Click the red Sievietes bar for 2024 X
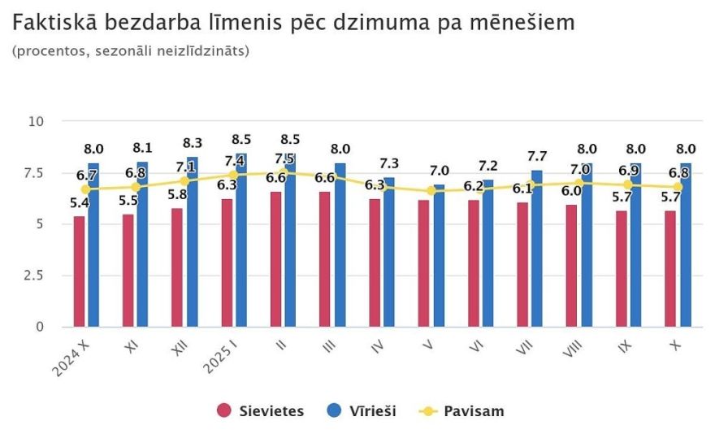(x=79, y=271)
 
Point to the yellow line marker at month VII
(x=529, y=184)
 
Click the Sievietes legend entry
(x=261, y=411)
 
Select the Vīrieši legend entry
(x=362, y=411)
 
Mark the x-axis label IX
(x=623, y=349)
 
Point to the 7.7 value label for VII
(x=537, y=155)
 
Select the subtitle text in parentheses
(x=131, y=51)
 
